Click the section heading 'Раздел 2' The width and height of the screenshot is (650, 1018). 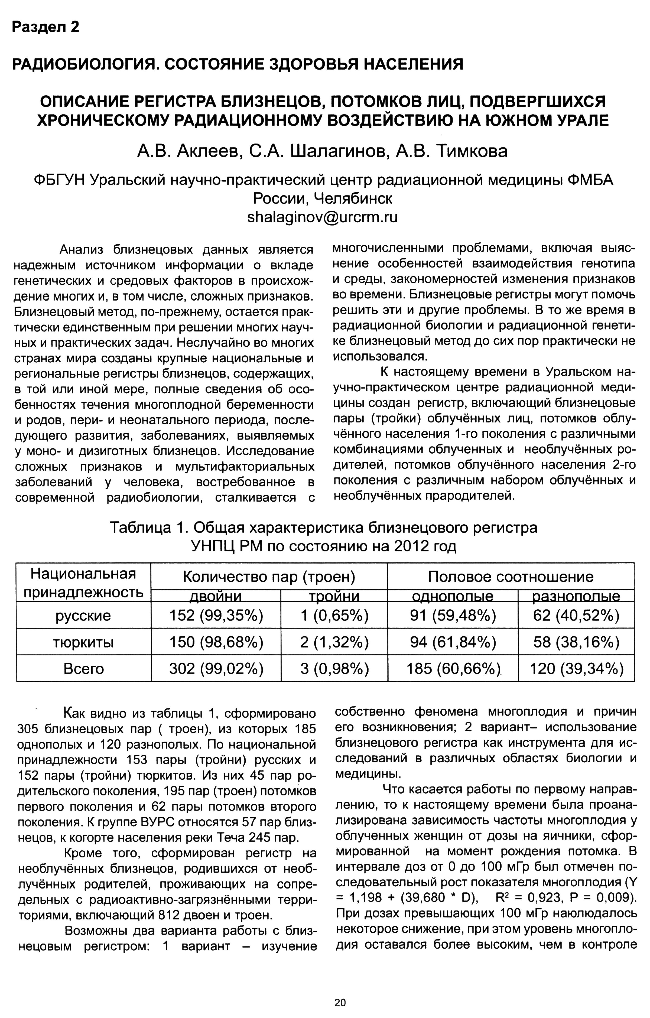point(46,27)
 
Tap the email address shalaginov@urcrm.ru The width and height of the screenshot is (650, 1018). point(322,217)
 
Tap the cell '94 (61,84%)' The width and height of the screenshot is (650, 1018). point(453,643)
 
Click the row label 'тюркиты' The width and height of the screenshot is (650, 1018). point(83,643)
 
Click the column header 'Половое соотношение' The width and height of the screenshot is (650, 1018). point(511,577)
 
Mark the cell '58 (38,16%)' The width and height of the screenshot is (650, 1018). point(576,643)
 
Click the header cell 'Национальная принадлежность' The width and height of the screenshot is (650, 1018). point(83,583)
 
